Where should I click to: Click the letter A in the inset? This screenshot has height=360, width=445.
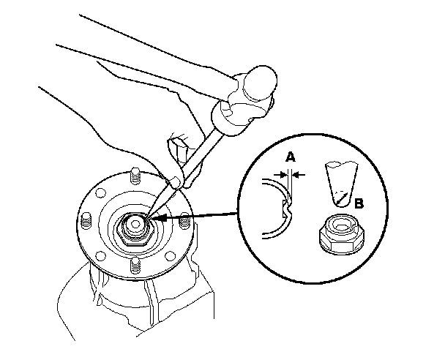pyautogui.click(x=291, y=155)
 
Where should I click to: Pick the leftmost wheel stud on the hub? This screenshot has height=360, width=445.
pyautogui.click(x=85, y=220)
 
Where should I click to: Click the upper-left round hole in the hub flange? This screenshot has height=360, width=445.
pyautogui.click(x=97, y=192)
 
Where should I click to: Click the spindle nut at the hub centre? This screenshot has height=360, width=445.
pyautogui.click(x=136, y=222)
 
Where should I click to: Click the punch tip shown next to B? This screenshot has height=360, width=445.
pyautogui.click(x=338, y=199)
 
